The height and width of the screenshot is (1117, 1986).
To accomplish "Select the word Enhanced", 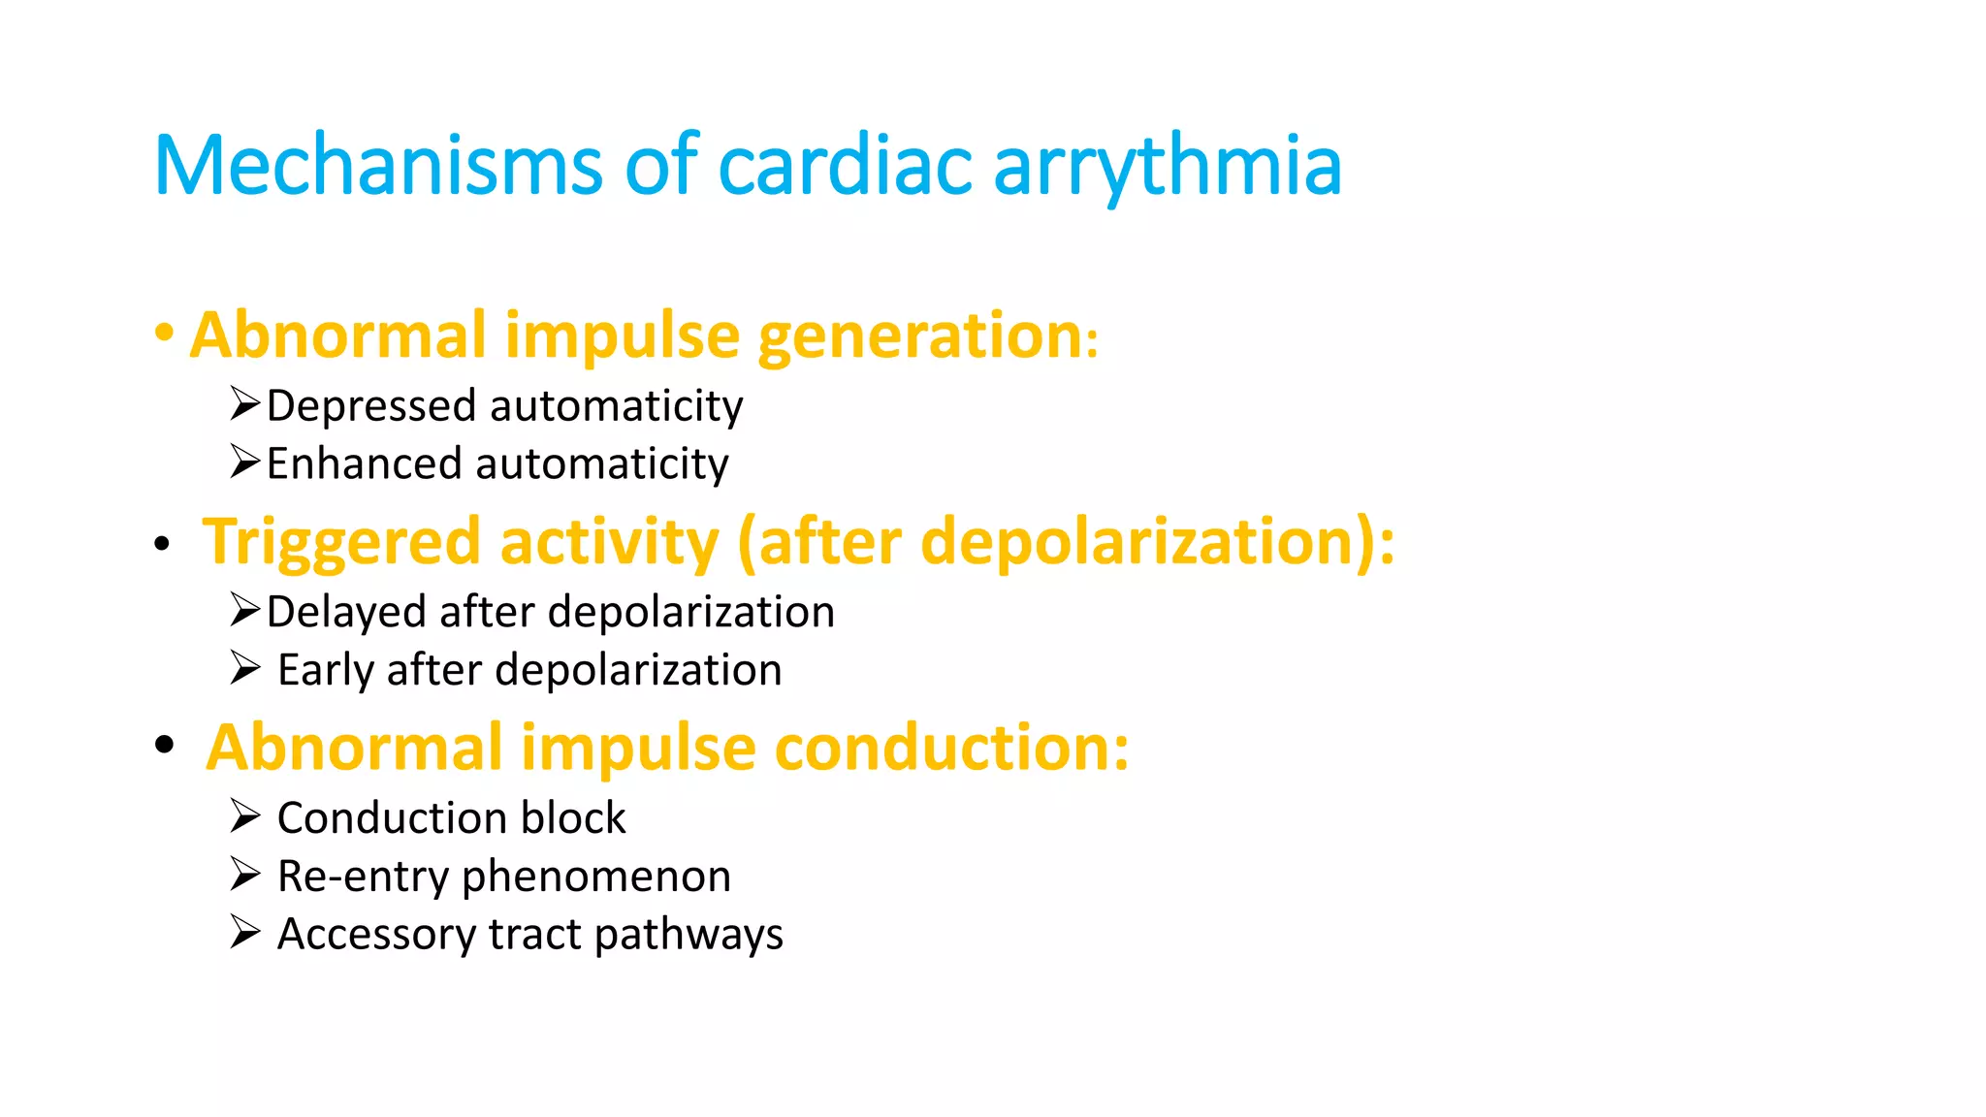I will coord(364,463).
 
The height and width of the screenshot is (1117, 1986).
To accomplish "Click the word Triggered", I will coord(341,542).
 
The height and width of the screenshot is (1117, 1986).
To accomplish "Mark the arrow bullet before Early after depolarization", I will coord(244,667).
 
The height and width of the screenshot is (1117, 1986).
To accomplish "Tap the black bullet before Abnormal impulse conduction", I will coord(164,745).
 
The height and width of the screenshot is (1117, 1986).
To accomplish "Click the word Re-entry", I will coord(364,878).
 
